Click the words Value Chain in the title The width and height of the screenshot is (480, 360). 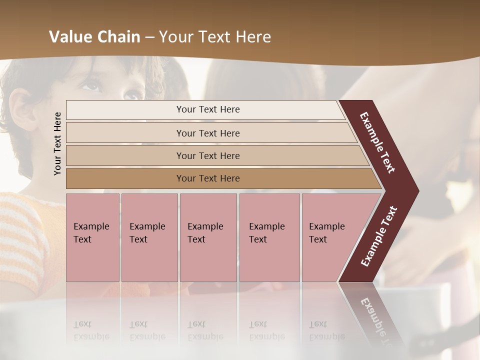tap(94, 37)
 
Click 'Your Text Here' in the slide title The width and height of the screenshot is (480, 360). tap(215, 37)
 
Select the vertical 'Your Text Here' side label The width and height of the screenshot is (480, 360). tap(57, 143)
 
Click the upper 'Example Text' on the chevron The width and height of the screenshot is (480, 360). tap(377, 142)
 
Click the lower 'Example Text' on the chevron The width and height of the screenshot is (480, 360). tap(379, 236)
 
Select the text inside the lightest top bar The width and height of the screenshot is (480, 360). tap(208, 109)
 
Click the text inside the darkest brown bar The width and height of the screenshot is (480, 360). tap(208, 178)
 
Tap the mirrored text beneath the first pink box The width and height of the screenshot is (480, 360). tap(91, 331)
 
